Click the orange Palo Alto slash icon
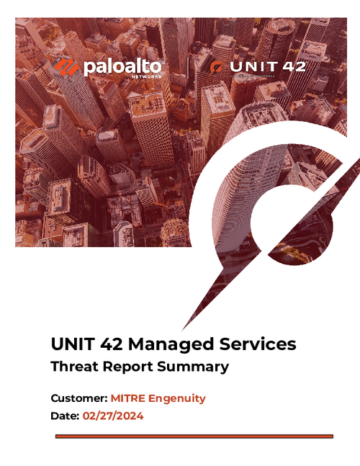pyautogui.click(x=66, y=68)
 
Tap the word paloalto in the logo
pyautogui.click(x=123, y=67)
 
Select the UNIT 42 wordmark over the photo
pyautogui.click(x=268, y=66)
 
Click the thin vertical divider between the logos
pyautogui.click(x=189, y=68)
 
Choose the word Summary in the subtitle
pyautogui.click(x=196, y=367)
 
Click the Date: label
pyautogui.click(x=66, y=416)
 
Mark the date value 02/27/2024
pyautogui.click(x=114, y=416)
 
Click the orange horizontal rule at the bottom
pyautogui.click(x=194, y=436)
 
